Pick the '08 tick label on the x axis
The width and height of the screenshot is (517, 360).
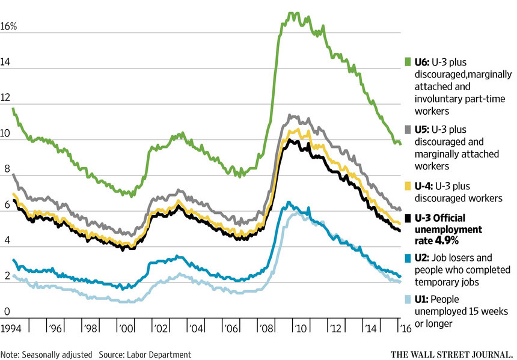264,329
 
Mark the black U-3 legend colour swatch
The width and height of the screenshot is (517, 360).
408,218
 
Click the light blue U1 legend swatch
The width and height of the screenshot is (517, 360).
408,298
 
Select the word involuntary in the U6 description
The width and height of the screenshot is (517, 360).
438,100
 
